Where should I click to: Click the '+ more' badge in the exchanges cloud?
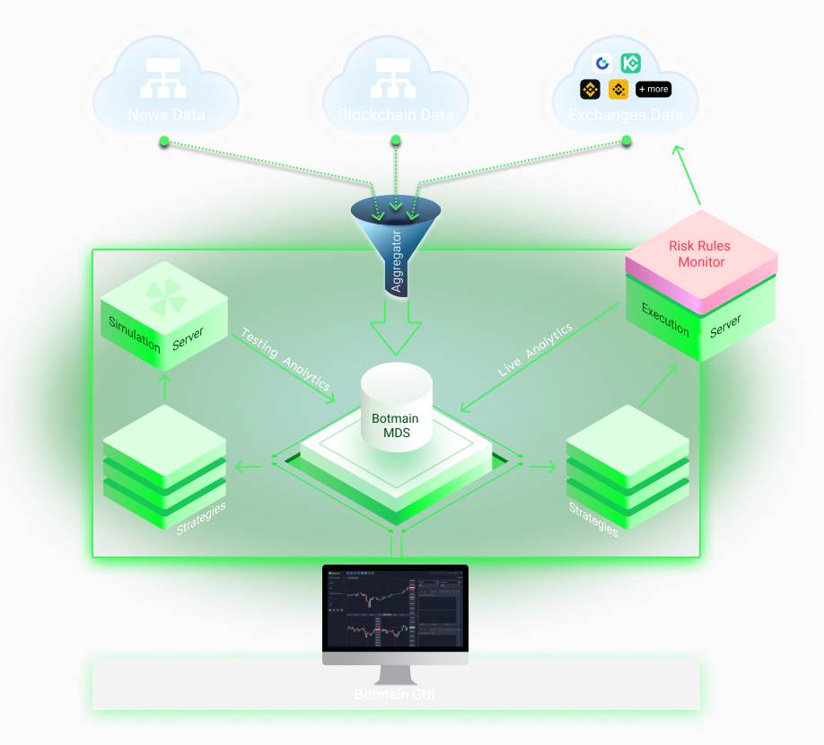(x=653, y=89)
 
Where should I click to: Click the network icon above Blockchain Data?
(x=395, y=79)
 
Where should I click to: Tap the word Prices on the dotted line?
(x=525, y=170)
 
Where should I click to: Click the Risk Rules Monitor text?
(x=701, y=254)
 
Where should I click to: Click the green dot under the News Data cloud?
(x=164, y=140)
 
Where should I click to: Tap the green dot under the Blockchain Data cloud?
(x=395, y=139)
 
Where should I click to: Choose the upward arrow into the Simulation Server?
(x=163, y=384)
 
